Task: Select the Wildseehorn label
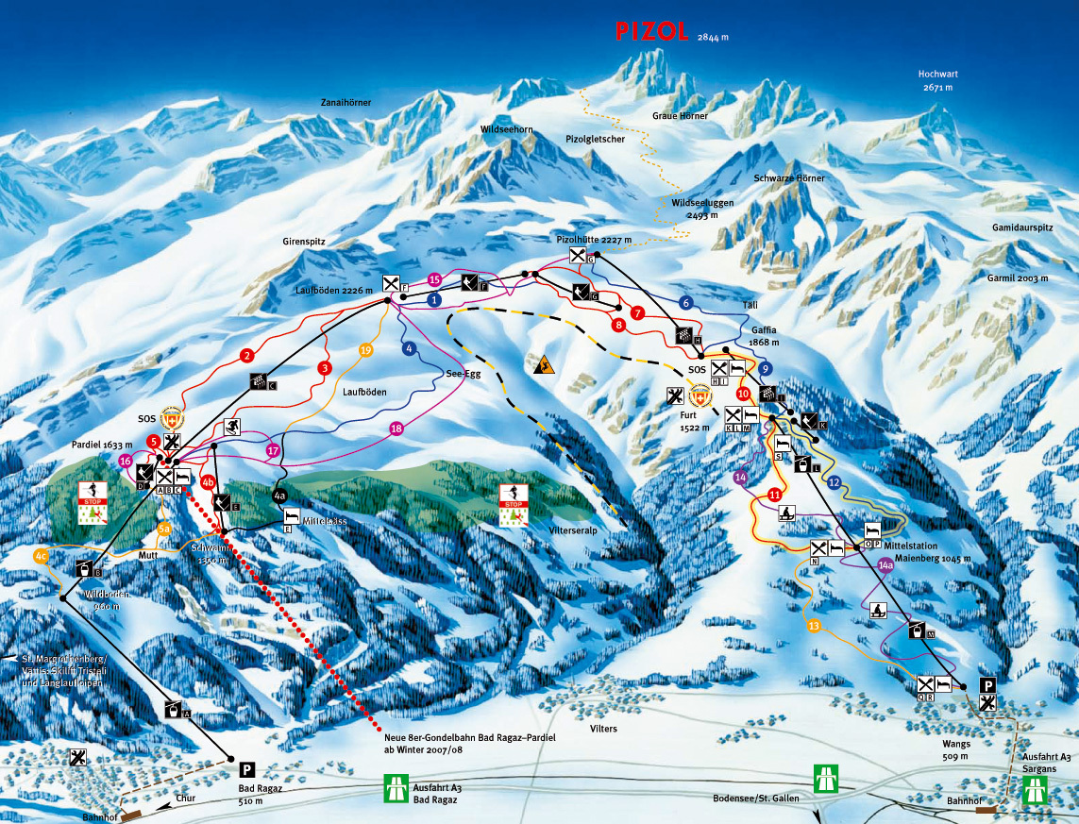click(508, 127)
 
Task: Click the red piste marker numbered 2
click(246, 356)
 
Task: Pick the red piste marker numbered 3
click(325, 368)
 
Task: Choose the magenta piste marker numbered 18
click(396, 429)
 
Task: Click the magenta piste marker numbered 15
click(435, 279)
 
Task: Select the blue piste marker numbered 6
click(686, 303)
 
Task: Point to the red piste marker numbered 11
click(775, 494)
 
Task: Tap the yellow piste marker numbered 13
click(814, 626)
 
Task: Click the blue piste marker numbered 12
click(834, 482)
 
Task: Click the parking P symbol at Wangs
click(987, 685)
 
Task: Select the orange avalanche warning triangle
click(543, 365)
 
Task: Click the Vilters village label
click(603, 729)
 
